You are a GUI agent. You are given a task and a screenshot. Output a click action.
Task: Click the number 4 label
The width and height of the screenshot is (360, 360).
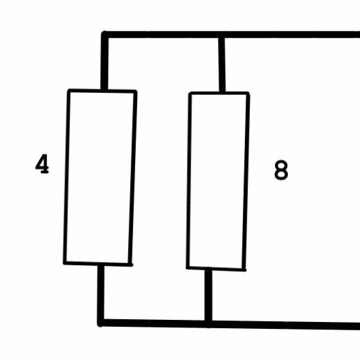(42, 164)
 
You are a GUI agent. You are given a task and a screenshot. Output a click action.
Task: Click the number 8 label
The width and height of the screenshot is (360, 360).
(281, 170)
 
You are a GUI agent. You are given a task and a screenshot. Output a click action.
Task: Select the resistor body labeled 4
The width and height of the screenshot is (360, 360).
(100, 177)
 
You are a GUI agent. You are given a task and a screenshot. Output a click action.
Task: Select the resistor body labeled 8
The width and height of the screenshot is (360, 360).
(218, 181)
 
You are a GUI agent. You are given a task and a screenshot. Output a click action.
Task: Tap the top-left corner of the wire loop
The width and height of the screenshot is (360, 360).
(105, 35)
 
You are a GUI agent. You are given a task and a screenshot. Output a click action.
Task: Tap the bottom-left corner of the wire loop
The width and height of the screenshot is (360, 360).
(100, 323)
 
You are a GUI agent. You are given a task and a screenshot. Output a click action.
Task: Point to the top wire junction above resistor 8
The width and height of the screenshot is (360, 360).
(222, 35)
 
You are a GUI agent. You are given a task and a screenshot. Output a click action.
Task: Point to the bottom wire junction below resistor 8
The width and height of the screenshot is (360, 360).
(208, 323)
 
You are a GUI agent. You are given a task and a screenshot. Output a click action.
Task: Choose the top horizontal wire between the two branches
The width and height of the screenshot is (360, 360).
(163, 35)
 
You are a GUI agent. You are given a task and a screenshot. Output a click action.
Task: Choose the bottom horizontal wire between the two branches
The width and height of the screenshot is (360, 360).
(154, 323)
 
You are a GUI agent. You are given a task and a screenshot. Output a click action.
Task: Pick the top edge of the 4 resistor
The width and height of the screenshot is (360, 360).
(102, 91)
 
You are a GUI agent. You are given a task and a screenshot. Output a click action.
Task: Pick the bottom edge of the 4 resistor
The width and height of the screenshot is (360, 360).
(98, 264)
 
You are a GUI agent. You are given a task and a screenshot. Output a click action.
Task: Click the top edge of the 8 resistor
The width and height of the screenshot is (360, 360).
(219, 93)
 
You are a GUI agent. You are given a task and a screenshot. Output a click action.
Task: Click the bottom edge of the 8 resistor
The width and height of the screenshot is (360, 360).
(216, 269)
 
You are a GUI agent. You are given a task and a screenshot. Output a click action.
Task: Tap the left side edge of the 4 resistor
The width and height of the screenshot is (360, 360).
(66, 177)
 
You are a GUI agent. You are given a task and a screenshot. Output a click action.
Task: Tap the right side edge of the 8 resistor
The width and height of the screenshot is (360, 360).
(246, 181)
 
